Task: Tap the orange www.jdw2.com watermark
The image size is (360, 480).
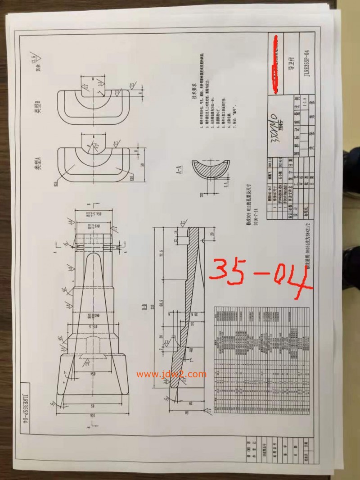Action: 171,374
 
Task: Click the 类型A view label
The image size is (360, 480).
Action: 39,162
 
